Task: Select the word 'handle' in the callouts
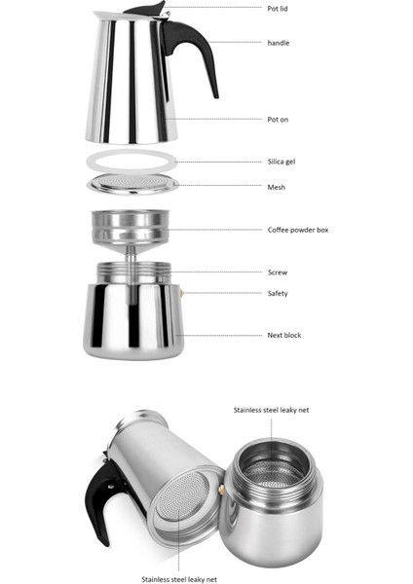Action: (278, 43)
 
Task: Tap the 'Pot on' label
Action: (278, 119)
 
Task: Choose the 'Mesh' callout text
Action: (277, 187)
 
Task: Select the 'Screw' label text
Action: (278, 273)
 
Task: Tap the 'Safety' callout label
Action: (278, 293)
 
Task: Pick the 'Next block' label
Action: (284, 335)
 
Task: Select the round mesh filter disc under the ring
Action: (132, 184)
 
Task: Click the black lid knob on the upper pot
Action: (146, 10)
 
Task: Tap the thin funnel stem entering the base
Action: (131, 267)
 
